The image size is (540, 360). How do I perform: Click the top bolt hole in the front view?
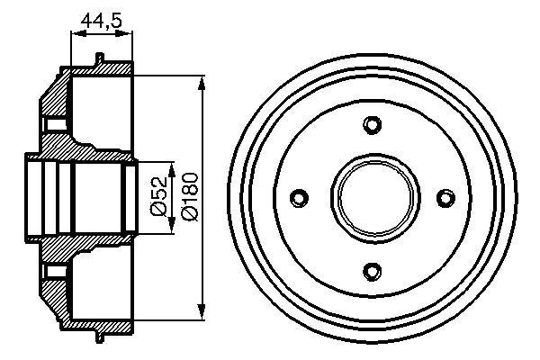[x=372, y=124]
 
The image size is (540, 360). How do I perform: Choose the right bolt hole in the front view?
[x=443, y=196]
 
